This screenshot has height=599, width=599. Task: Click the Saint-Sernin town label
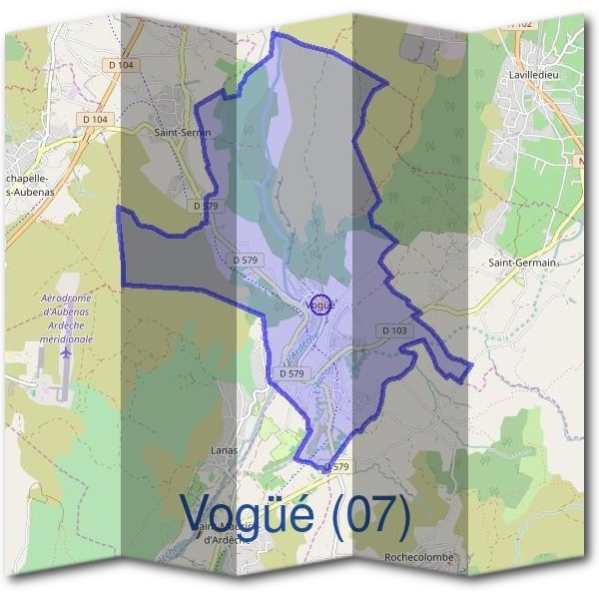[x=180, y=131]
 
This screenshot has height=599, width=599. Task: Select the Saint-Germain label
[x=521, y=263]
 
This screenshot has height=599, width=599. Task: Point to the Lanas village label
[x=225, y=450]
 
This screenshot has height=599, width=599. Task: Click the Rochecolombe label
[x=419, y=557]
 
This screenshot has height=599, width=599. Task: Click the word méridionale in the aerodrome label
[x=67, y=339]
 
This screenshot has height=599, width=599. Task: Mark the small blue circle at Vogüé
[x=319, y=305]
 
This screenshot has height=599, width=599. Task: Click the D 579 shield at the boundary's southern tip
[x=337, y=466]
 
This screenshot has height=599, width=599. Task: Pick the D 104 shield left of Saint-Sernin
[x=96, y=119]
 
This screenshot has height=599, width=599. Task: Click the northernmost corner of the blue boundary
[x=274, y=33]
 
